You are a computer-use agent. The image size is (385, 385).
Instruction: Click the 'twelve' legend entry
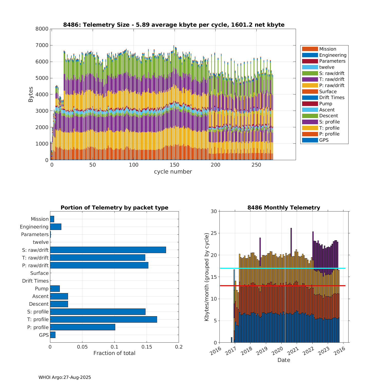327,67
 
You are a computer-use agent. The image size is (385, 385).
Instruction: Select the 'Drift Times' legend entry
332,98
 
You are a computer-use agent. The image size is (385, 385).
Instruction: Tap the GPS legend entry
324,140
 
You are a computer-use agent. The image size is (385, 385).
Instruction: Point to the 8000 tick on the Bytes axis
42,29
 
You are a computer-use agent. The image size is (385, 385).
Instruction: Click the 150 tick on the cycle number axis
175,165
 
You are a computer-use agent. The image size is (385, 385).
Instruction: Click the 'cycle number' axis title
173,172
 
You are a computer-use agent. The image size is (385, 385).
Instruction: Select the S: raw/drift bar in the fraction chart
108,250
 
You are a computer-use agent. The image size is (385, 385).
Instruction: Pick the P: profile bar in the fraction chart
82,327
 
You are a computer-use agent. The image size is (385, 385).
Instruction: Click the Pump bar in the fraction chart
55,288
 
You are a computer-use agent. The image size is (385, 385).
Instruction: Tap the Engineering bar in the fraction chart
55,227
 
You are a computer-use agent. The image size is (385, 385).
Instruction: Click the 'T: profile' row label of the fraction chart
38,320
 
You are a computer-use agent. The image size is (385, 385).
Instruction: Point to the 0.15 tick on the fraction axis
147,347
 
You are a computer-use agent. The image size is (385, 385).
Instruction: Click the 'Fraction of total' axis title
114,353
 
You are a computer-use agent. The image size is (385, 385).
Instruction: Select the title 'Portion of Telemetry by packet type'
114,208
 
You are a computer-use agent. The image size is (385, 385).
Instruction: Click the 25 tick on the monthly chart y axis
214,233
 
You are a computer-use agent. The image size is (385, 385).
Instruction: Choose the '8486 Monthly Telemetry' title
284,208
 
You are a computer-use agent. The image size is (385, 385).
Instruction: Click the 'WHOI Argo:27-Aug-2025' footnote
65,378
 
